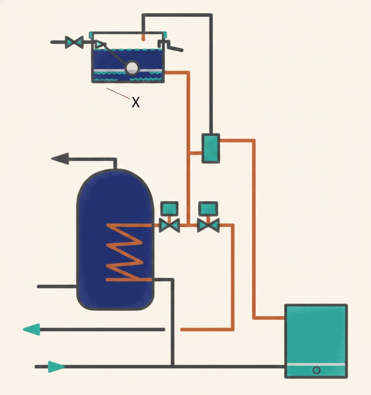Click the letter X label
136,102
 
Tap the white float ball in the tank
132,68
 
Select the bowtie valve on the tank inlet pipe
74,42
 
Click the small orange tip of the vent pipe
143,37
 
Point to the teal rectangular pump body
211,148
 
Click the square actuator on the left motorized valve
169,209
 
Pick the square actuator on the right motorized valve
208,209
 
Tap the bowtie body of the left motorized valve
169,225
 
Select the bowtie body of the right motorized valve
208,225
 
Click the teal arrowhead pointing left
32,330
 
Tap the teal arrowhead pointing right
56,367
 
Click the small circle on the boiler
316,370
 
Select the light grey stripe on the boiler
316,365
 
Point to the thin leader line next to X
119,93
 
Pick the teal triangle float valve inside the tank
99,45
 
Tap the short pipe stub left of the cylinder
57,287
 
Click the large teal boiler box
316,341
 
